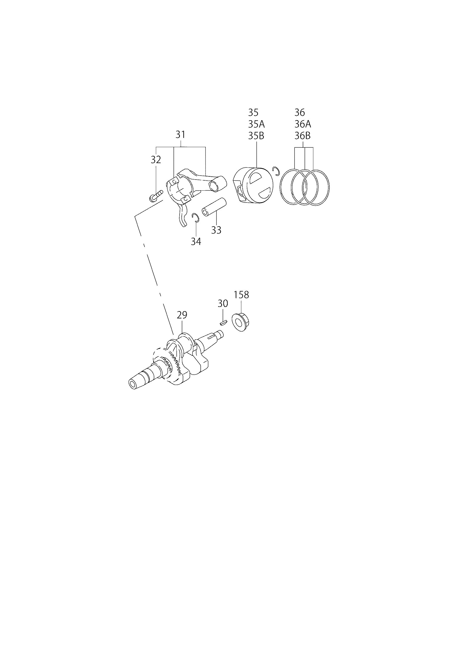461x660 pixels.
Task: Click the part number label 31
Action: (180, 134)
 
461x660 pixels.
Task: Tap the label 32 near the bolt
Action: (156, 160)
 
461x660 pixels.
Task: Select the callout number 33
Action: (216, 230)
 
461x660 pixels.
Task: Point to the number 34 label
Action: (196, 242)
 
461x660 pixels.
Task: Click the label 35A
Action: (257, 124)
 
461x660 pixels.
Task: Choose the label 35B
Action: (256, 136)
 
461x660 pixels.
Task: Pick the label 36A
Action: (303, 124)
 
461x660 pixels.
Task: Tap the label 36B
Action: (302, 136)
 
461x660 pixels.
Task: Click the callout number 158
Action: (241, 295)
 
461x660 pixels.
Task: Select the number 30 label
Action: (223, 303)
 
